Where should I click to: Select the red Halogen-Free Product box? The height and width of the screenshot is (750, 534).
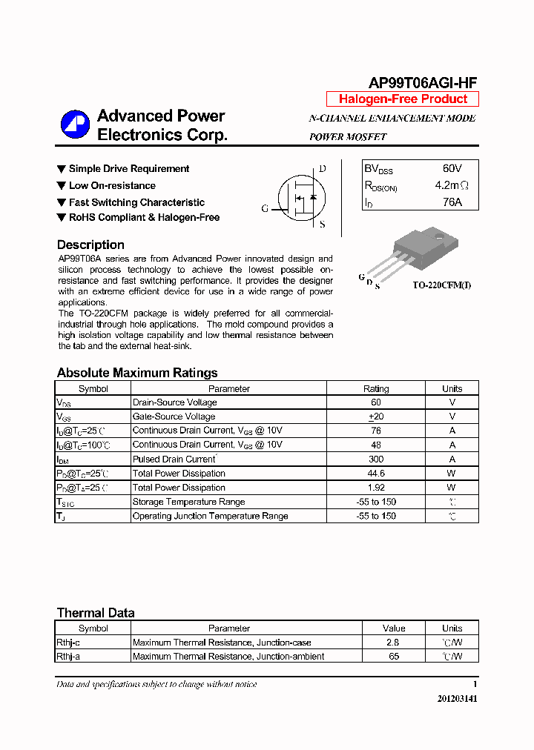point(403,99)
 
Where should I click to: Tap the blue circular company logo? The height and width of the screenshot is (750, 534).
point(75,125)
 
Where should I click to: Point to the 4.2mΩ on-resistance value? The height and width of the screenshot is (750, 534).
point(452,185)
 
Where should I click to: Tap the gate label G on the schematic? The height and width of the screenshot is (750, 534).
point(265,209)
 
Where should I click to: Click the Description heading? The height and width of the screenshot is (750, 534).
point(90,245)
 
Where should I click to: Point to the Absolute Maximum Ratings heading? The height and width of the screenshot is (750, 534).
point(137,373)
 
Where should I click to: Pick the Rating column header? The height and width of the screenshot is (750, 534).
point(376,388)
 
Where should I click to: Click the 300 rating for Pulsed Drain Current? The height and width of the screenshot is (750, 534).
point(376,459)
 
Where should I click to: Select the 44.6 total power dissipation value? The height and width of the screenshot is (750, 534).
point(376,473)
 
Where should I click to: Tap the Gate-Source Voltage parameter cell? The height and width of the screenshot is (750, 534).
point(174,417)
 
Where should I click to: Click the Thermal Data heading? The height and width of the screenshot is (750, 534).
point(96,613)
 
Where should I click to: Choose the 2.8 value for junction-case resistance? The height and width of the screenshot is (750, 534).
point(392,643)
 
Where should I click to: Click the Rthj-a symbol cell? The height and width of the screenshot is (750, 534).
point(68,657)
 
